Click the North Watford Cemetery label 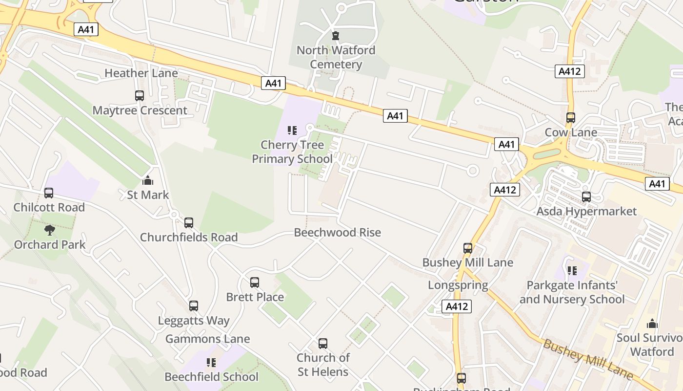click(336, 57)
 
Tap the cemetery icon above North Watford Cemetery click(336, 35)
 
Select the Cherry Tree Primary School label click(292, 152)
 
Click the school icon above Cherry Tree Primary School click(292, 130)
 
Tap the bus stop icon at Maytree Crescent click(140, 96)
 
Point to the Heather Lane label click(141, 73)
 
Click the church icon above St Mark click(148, 180)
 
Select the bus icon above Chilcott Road click(49, 193)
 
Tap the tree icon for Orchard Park click(49, 230)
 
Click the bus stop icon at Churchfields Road click(189, 223)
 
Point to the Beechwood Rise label click(337, 233)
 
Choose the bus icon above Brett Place click(255, 282)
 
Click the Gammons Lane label click(207, 339)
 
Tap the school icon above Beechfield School click(211, 362)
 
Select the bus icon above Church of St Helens click(323, 344)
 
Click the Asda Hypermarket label click(586, 211)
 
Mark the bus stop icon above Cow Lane click(571, 118)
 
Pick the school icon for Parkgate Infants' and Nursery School click(572, 270)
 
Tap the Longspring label click(458, 285)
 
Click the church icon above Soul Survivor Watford click(652, 324)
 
